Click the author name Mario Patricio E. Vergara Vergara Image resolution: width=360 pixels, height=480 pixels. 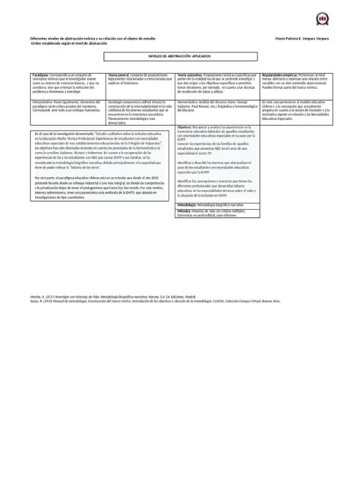301,39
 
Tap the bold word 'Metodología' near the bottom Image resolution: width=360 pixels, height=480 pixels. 188,205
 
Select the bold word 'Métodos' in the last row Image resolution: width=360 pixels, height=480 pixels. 184,210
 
